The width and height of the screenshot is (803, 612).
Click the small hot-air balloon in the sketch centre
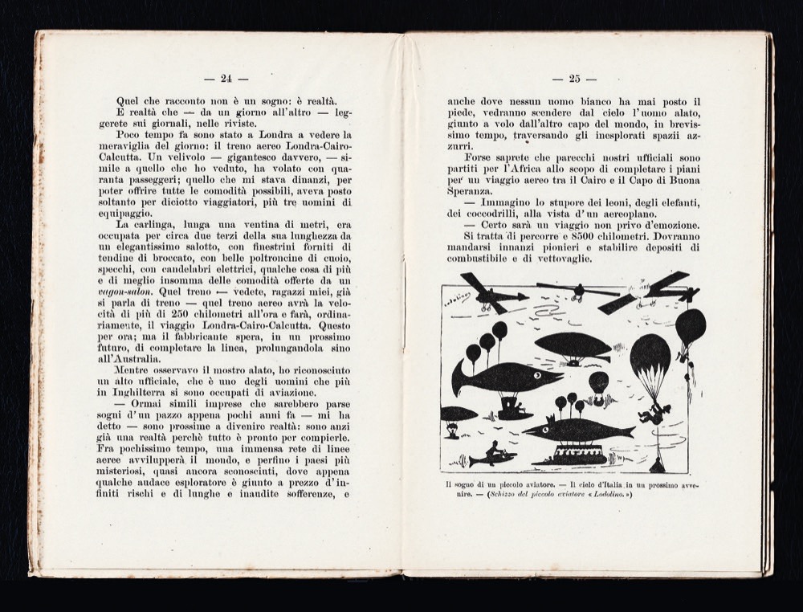(x=598, y=383)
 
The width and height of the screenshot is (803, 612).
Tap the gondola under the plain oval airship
(x=574, y=363)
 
